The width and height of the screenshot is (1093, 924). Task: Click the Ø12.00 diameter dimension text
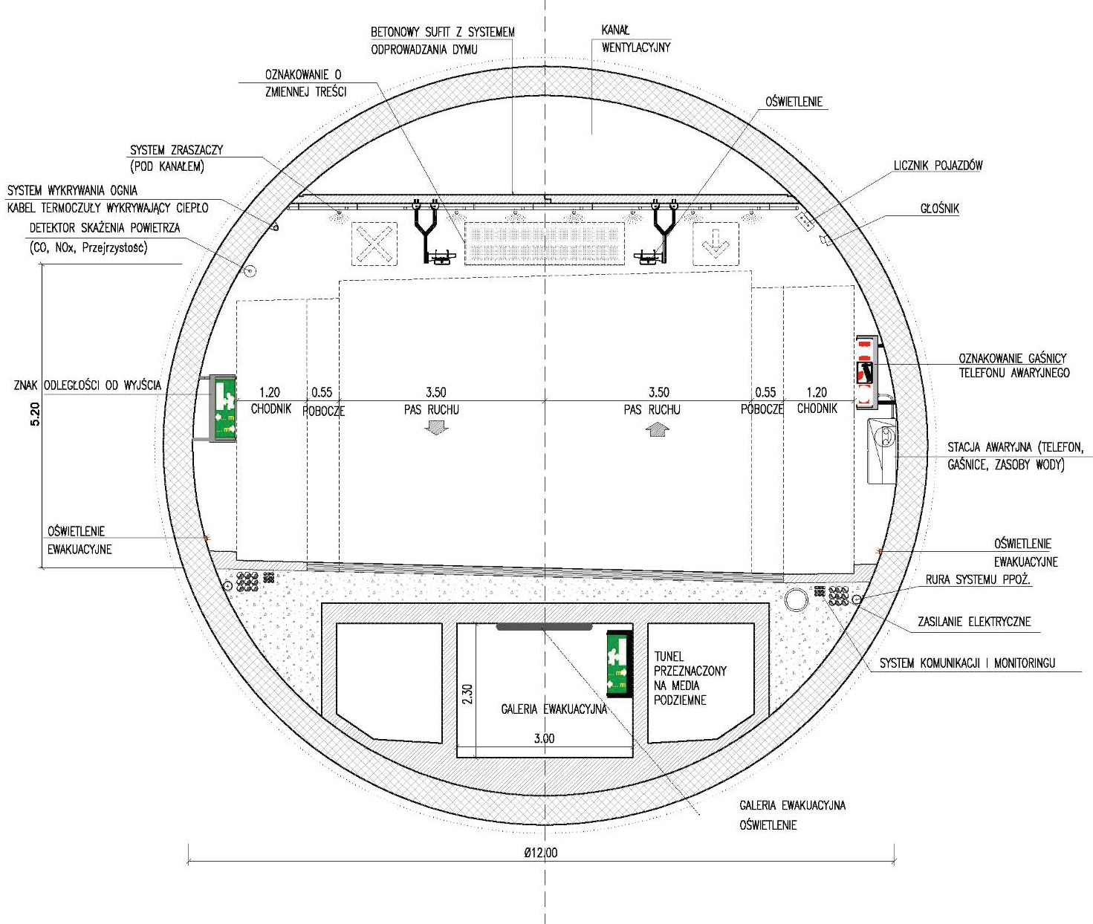(540, 853)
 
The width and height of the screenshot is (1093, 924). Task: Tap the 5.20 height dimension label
(35, 414)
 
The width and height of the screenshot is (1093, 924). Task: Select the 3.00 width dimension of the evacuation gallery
(544, 738)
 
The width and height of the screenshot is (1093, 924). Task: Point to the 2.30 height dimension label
(467, 694)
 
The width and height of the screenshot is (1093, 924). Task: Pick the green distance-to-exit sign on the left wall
(223, 408)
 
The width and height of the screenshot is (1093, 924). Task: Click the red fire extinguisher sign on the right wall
(866, 372)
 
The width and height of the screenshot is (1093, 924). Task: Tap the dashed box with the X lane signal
(374, 244)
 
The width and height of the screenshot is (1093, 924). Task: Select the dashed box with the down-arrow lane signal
(716, 244)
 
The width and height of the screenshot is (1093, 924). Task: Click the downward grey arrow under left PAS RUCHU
(436, 427)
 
